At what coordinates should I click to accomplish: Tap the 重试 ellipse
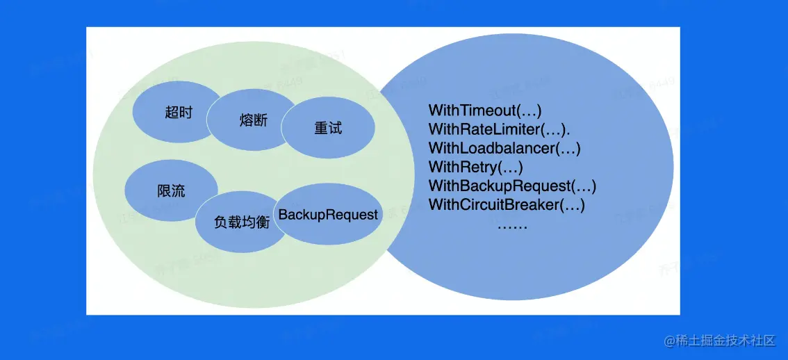(328, 129)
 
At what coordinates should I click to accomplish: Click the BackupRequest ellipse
(328, 215)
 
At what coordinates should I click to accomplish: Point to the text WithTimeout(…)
(484, 110)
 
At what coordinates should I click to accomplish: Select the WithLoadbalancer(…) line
(504, 147)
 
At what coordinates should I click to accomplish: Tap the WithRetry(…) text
(475, 167)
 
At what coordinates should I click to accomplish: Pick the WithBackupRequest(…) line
(512, 186)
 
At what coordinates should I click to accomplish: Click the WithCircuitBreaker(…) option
(507, 204)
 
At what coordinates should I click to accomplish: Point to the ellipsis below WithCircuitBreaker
(512, 225)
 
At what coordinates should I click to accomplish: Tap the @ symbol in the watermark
(669, 341)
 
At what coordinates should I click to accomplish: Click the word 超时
(179, 112)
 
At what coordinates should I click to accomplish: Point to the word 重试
(328, 129)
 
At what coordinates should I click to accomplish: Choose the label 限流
(171, 192)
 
